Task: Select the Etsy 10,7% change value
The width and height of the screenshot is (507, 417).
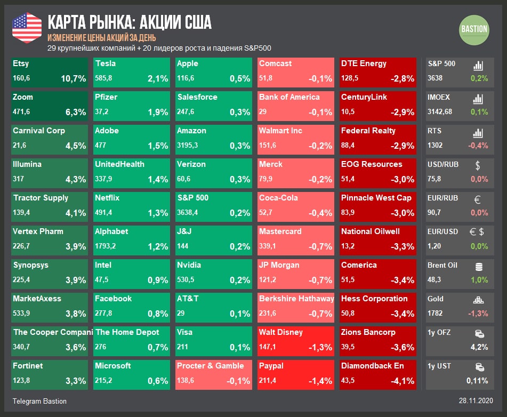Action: click(73, 78)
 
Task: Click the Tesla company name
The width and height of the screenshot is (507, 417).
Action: click(106, 63)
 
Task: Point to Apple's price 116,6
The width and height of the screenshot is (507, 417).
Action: click(186, 78)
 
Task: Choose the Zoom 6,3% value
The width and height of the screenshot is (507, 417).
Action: click(75, 112)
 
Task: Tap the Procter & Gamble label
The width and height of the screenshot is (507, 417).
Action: click(210, 366)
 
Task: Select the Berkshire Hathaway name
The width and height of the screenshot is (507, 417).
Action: click(296, 299)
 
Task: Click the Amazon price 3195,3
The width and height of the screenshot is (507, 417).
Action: click(189, 146)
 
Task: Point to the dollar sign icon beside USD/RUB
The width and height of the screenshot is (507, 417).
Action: click(478, 165)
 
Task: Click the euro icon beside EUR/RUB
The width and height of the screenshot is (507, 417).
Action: click(478, 199)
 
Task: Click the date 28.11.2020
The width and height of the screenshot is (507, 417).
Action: click(476, 401)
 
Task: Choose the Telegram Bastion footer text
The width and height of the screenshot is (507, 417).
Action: click(39, 401)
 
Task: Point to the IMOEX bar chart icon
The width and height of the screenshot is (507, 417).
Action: click(478, 99)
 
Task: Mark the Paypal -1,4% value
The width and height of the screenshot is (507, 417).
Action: click(320, 381)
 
